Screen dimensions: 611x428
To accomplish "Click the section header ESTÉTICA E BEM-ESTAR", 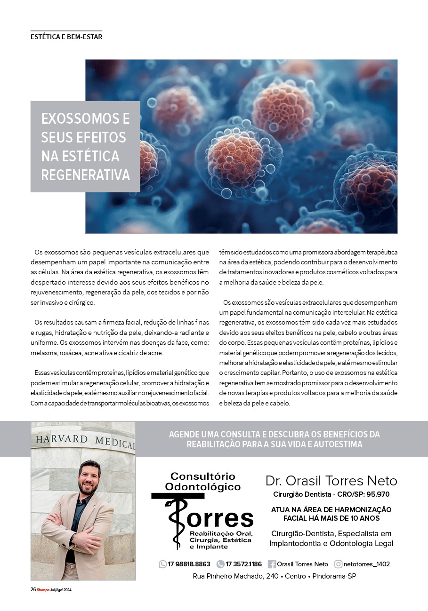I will [66, 36].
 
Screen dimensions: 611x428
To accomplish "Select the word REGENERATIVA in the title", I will [85, 175].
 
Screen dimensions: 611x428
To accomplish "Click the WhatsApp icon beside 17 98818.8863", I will [163, 564].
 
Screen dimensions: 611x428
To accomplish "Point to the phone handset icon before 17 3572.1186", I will [220, 564].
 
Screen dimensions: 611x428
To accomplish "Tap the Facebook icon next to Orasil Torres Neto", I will [272, 564].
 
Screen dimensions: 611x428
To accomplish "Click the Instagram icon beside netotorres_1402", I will [338, 564].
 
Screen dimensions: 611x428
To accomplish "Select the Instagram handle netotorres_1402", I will [367, 564].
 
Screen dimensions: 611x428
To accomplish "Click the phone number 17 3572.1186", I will [243, 564].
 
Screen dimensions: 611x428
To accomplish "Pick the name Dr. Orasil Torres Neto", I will [331, 481].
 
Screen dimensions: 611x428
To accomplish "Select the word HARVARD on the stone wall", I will [61, 439].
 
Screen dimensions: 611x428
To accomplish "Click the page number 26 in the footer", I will [33, 590].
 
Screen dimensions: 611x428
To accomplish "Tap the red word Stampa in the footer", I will [43, 590].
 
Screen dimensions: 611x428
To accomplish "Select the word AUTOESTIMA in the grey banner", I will [336, 444].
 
